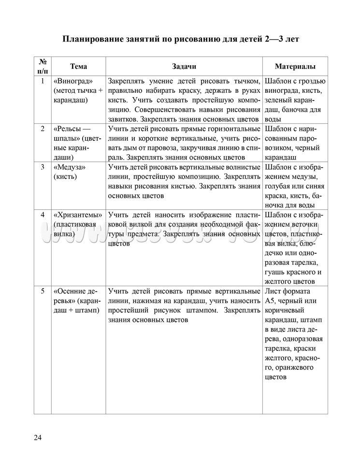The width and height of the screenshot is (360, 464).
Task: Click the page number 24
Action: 38,438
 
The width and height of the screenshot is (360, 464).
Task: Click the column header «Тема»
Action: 78,67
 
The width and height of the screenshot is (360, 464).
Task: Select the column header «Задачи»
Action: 184,67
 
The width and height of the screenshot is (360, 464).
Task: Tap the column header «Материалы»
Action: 295,67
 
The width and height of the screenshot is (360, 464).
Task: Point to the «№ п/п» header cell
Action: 43,67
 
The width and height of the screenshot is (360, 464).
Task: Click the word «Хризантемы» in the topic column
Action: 78,215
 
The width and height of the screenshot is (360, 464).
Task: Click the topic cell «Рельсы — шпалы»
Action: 77,143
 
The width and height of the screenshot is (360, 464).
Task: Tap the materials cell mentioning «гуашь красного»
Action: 295,248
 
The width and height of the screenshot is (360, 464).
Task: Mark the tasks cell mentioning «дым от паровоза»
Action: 184,143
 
